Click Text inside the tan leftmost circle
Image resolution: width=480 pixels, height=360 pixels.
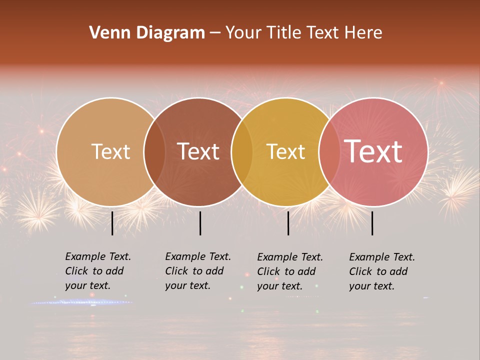pyautogui.click(x=110, y=151)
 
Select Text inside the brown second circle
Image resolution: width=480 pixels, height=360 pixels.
pyautogui.click(x=198, y=151)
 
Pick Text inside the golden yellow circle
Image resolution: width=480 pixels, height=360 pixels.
pyautogui.click(x=285, y=151)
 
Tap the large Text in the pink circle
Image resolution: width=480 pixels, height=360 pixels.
pyautogui.click(x=373, y=151)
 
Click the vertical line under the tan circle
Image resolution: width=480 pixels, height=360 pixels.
pyautogui.click(x=112, y=223)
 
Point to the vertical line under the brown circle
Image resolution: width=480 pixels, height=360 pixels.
pyautogui.click(x=200, y=223)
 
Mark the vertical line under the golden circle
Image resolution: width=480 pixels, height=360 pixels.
pyautogui.click(x=288, y=223)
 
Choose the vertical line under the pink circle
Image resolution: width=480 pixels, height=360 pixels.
pyautogui.click(x=372, y=223)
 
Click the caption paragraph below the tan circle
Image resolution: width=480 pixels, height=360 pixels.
pyautogui.click(x=97, y=271)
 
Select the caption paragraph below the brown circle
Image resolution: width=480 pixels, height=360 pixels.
pyautogui.click(x=197, y=271)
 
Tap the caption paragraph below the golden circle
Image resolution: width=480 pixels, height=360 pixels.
pyautogui.click(x=289, y=271)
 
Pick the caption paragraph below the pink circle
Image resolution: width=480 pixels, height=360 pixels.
pyautogui.click(x=381, y=271)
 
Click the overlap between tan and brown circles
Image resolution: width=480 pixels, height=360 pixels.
pyautogui.click(x=154, y=151)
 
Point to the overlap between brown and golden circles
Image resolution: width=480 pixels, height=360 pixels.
pyautogui.click(x=242, y=151)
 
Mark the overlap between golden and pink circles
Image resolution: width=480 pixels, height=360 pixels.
pyautogui.click(x=329, y=151)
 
